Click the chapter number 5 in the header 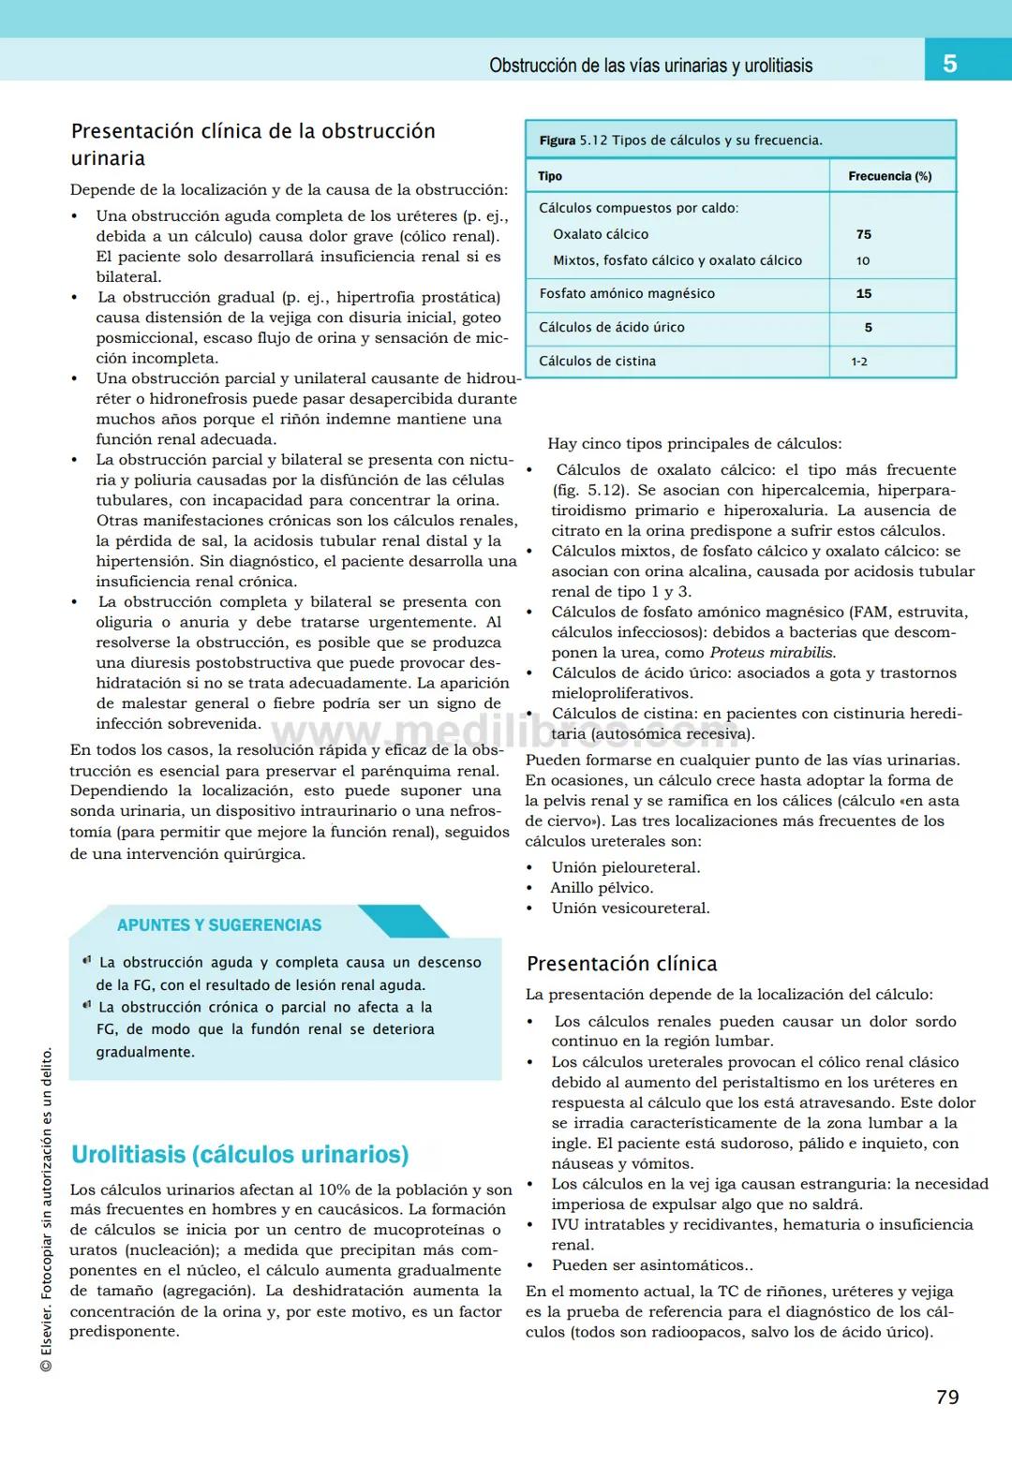click(x=949, y=64)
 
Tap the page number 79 click(x=947, y=1396)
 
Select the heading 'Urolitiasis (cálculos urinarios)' click(x=240, y=1154)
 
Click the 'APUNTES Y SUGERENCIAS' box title click(x=219, y=924)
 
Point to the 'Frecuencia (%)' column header click(x=889, y=176)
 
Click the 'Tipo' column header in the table click(x=550, y=176)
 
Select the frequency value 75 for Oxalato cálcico click(x=863, y=234)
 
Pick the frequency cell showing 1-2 click(x=859, y=362)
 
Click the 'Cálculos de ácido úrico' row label click(x=611, y=327)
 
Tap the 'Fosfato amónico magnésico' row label click(x=626, y=293)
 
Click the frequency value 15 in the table click(x=863, y=293)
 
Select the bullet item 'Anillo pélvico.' click(x=602, y=888)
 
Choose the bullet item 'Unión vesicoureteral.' click(x=630, y=908)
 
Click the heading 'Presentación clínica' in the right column click(x=621, y=964)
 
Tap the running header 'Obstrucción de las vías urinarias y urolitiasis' click(x=650, y=66)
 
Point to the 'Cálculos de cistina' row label click(x=597, y=361)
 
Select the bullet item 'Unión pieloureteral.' click(x=625, y=867)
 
